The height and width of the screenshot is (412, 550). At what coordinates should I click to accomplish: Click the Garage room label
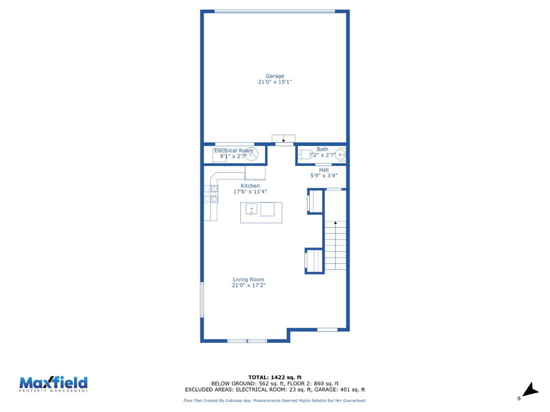coord(274,76)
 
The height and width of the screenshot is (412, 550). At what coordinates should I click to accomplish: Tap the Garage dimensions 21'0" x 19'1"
coord(274,82)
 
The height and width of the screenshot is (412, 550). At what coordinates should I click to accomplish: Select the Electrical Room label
coord(233,151)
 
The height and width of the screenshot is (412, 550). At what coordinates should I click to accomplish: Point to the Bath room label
coord(322,150)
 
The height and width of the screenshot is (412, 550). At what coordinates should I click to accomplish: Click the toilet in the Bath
coord(305,154)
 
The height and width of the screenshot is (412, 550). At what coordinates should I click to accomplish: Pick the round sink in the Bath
coord(340,154)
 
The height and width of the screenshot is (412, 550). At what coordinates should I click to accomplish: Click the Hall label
coord(324,170)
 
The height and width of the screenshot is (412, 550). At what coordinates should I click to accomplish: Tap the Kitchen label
coord(250,186)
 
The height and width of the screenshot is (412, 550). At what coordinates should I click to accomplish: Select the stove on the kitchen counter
coord(211,193)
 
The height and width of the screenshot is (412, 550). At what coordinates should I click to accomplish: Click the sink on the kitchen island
coord(252,209)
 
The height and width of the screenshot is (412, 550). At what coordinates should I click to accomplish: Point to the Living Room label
coord(248,280)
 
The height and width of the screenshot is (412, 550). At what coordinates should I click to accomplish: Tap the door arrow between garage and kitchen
coord(284,141)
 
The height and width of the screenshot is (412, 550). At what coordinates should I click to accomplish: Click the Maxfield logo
coord(53,384)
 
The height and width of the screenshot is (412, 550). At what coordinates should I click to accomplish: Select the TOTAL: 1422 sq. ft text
coord(275,377)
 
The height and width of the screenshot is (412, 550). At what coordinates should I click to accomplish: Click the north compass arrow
coord(531,389)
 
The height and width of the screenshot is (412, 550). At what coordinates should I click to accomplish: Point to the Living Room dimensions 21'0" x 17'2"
coord(249,285)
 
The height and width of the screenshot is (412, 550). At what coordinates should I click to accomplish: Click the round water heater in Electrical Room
coord(251,154)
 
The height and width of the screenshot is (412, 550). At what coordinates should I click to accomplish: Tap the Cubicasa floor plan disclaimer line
coord(275,400)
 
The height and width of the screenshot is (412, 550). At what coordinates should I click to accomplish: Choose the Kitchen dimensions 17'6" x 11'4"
coord(250,192)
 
